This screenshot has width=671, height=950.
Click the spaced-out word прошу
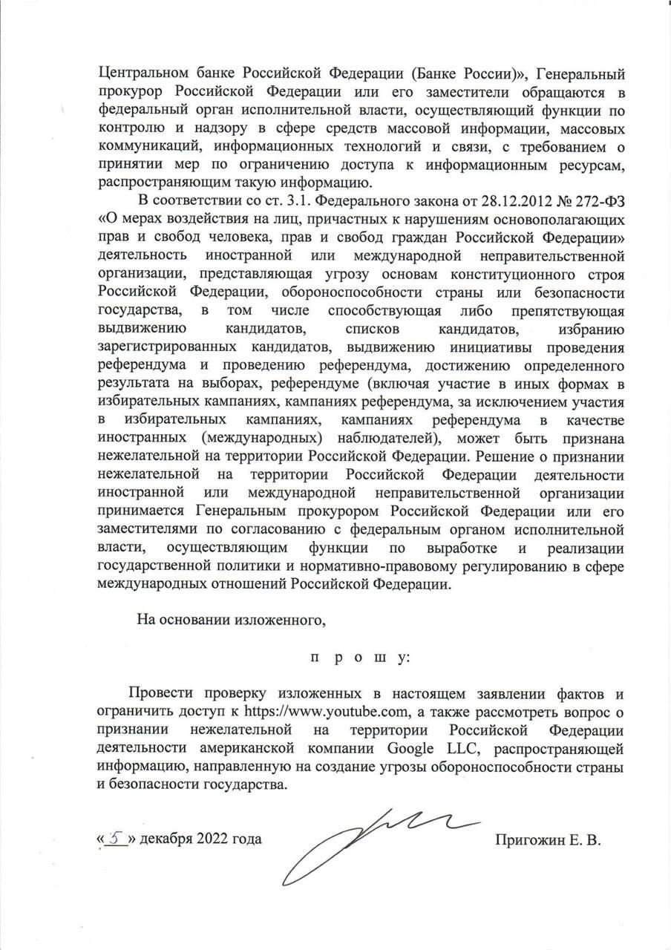pos(359,658)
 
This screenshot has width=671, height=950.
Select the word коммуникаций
pos(141,145)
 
